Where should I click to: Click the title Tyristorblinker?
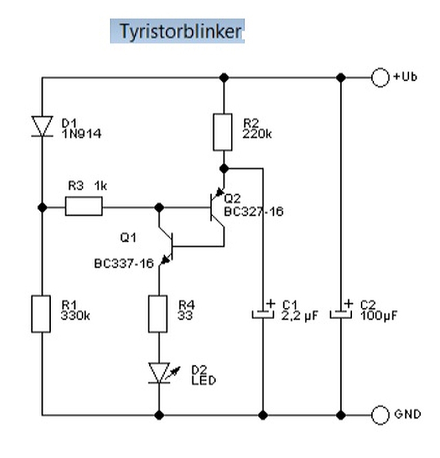click(x=177, y=31)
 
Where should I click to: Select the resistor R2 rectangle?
click(x=223, y=132)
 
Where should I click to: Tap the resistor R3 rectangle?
click(x=84, y=206)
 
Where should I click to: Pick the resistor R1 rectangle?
click(x=42, y=313)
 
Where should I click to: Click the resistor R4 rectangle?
click(x=159, y=313)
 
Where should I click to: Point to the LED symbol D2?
click(x=159, y=373)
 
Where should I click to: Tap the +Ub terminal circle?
click(x=380, y=78)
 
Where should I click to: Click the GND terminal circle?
click(x=380, y=415)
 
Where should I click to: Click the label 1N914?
click(x=81, y=134)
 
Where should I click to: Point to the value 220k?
click(x=257, y=134)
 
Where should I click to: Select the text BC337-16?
click(x=124, y=263)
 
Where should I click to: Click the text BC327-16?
click(x=253, y=212)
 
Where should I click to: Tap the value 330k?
click(x=76, y=317)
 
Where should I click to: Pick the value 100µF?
click(x=378, y=317)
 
